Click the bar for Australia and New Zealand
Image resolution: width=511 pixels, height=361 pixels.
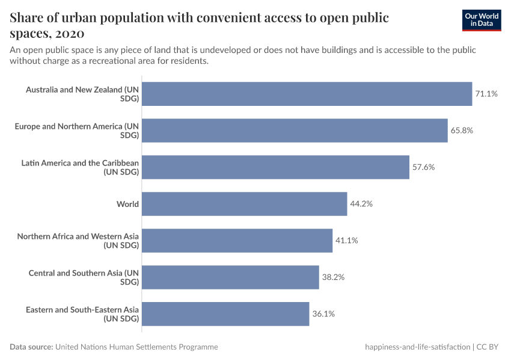tap(307, 94)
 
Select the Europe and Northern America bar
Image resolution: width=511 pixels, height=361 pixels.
tap(295, 131)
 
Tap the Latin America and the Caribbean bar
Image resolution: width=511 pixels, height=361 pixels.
tap(275, 167)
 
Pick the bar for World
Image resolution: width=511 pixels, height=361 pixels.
tap(244, 204)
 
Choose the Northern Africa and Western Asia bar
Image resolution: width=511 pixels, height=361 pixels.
tap(237, 241)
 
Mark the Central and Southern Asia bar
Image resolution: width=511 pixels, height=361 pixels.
tap(230, 277)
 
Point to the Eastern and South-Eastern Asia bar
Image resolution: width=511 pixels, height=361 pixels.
tap(225, 314)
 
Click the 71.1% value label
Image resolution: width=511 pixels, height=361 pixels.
tap(486, 94)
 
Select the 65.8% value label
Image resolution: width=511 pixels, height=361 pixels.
tap(462, 131)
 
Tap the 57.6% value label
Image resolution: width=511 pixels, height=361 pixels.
tap(423, 167)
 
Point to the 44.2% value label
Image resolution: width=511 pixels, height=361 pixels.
tap(361, 204)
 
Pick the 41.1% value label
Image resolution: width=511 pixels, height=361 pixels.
tap(346, 241)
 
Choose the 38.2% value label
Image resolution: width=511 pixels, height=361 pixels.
tap(333, 277)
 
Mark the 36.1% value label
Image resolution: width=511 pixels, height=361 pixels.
tap(323, 314)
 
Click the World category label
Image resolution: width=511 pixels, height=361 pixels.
tap(127, 204)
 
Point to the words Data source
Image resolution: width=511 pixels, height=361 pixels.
tap(31, 347)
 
